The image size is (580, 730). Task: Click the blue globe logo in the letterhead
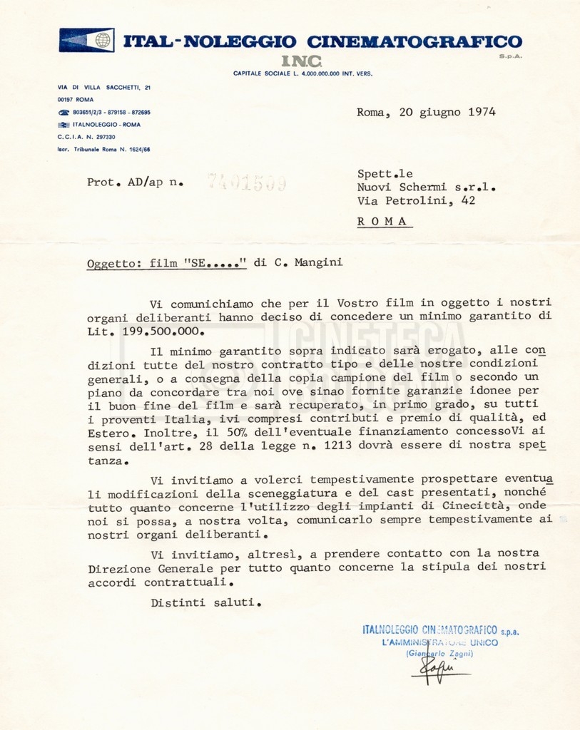[103, 40]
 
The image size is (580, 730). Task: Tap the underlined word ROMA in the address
[384, 221]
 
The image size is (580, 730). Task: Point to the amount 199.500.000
[151, 331]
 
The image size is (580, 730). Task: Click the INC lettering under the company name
[302, 61]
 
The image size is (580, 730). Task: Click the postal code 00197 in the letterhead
[66, 100]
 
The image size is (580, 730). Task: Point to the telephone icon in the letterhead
[63, 113]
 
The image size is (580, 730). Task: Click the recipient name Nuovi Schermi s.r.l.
[426, 187]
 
